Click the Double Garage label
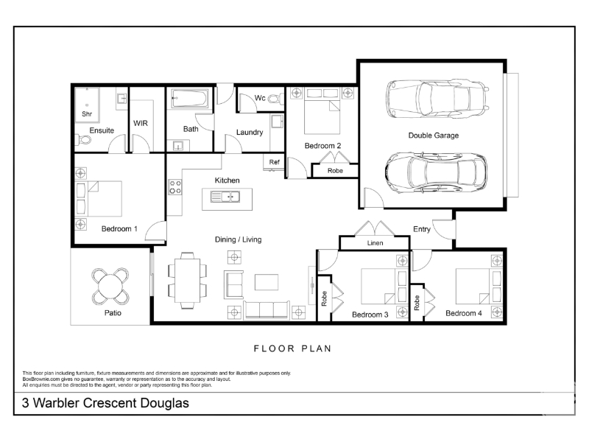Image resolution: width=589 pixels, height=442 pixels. point(434,136)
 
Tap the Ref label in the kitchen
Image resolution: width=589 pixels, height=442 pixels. point(274,162)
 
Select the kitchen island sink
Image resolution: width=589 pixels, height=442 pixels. point(225,197)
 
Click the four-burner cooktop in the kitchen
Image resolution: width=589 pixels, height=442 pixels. point(174,187)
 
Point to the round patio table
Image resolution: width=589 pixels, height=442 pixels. point(110,287)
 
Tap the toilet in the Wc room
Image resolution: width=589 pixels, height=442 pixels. point(275,99)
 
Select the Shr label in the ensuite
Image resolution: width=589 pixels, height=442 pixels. point(87,114)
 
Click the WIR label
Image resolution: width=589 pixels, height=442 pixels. point(141,123)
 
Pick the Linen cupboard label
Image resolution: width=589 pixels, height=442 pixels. point(375,243)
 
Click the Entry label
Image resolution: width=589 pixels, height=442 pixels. point(421,229)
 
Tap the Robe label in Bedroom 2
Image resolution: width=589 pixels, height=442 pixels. point(335,171)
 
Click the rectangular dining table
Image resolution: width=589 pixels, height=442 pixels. point(188,281)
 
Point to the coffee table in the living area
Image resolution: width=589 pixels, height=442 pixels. point(267,282)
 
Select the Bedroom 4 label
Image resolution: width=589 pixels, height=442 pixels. point(464,314)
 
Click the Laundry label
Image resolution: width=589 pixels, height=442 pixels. point(250,133)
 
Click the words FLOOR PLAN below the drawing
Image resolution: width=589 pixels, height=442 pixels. point(292,348)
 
